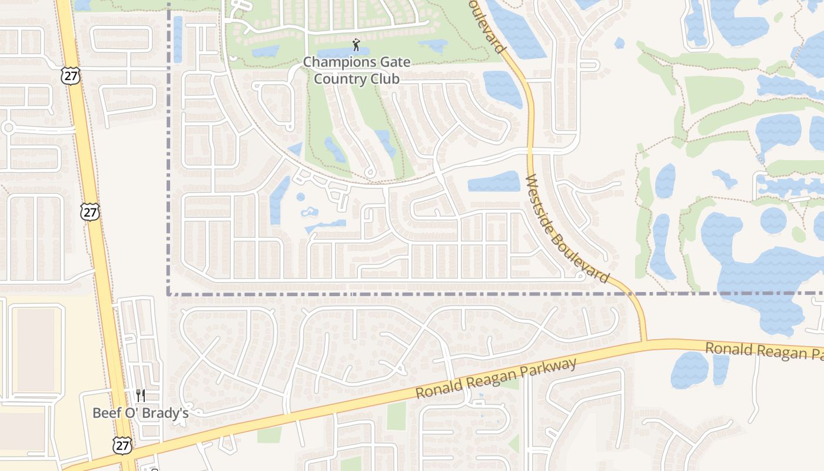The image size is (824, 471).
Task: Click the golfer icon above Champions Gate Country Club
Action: point(355,45)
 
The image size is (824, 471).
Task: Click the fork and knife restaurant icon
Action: point(140,395)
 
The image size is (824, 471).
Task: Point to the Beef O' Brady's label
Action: point(140,413)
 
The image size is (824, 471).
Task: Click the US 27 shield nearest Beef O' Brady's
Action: point(122,446)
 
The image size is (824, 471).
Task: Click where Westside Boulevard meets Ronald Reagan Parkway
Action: point(644,341)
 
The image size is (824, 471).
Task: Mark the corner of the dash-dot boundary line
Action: point(169,293)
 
